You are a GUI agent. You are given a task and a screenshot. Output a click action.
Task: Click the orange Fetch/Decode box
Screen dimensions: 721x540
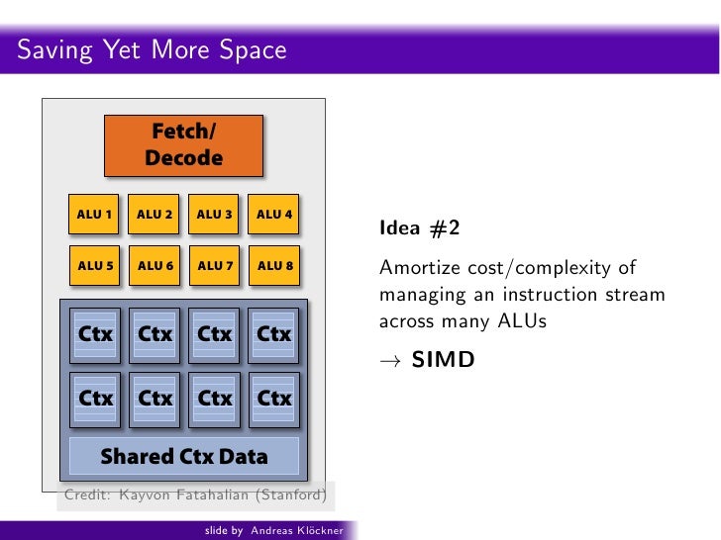[x=183, y=145]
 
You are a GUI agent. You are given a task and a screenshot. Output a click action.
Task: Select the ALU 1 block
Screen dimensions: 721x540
[x=95, y=214]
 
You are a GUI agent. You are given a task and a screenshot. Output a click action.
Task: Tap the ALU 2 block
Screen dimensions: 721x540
[x=154, y=214]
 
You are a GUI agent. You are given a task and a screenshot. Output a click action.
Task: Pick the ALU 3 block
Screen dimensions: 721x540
[x=214, y=214]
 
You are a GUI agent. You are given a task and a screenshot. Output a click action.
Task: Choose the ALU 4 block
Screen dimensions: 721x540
[x=274, y=214]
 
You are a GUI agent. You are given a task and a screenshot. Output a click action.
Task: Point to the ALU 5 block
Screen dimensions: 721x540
[x=95, y=265]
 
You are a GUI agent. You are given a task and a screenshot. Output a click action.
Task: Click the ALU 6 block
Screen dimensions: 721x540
[x=154, y=265]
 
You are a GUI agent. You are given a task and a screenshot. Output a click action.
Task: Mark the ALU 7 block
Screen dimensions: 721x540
[x=214, y=265]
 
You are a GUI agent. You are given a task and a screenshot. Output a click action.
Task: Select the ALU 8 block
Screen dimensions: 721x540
[x=274, y=265]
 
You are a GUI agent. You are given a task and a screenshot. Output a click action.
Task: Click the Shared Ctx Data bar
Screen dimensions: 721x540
[x=183, y=456]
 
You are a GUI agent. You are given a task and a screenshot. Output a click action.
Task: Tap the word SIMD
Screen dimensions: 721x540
[x=443, y=360]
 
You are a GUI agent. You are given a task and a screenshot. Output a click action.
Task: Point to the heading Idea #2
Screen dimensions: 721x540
[x=419, y=229]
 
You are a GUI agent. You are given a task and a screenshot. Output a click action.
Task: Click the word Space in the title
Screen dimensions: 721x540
[x=247, y=49]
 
